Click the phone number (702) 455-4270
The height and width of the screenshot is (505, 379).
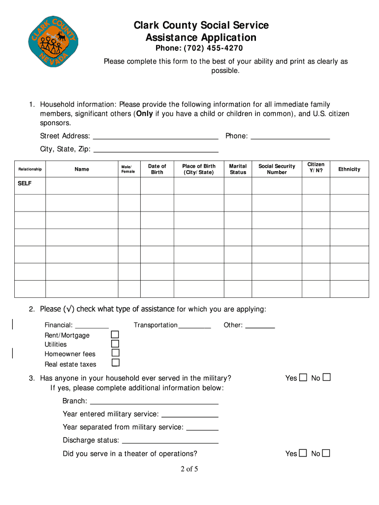(199, 48)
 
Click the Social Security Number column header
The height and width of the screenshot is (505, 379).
(277, 169)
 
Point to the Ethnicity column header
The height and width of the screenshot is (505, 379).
(349, 169)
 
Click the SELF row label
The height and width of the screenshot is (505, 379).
(25, 183)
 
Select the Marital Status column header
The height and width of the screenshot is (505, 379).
(238, 169)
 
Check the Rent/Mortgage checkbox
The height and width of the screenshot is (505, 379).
(115, 335)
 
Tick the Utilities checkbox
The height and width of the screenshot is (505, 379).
(115, 344)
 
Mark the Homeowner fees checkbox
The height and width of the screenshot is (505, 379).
(115, 353)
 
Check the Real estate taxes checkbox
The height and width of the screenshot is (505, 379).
(115, 363)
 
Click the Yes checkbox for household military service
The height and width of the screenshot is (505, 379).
(303, 378)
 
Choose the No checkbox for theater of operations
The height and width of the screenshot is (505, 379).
(326, 453)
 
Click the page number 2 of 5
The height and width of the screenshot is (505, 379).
(189, 469)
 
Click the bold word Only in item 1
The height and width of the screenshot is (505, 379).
(144, 114)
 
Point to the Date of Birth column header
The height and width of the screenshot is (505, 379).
(157, 169)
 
